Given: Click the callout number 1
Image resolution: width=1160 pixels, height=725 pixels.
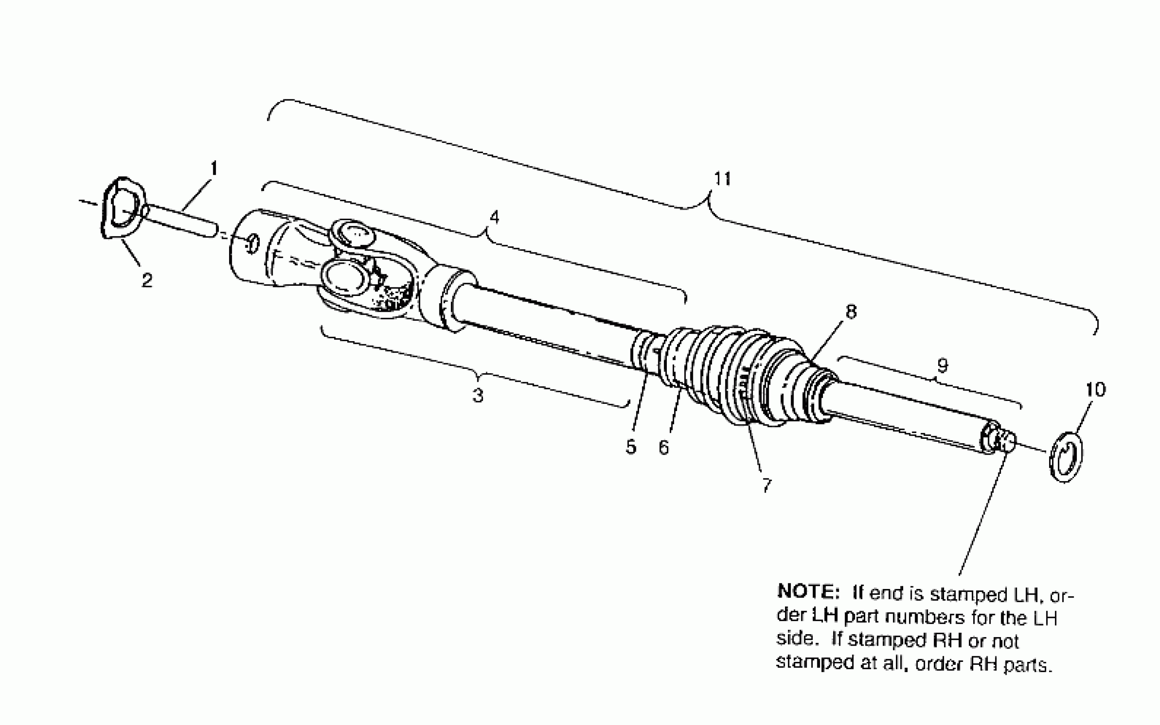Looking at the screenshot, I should (x=214, y=169).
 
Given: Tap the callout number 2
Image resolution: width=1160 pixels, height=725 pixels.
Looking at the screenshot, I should (x=147, y=280).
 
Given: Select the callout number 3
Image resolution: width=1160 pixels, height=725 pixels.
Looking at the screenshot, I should (x=478, y=396).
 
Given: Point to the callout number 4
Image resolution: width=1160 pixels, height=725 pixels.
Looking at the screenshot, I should (x=494, y=217).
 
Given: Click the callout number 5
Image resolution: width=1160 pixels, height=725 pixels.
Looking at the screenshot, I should (x=631, y=447).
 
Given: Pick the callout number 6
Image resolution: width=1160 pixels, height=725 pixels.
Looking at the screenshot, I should (x=663, y=447).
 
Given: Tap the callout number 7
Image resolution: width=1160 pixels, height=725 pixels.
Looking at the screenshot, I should (x=766, y=485).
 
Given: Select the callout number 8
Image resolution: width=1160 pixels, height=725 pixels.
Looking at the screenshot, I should (x=851, y=312).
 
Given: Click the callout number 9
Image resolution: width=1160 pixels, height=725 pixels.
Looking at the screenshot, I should (x=942, y=366).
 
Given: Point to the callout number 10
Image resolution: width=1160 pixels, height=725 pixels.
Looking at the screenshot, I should (x=1095, y=389).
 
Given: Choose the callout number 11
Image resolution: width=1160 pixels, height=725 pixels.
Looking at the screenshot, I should (x=723, y=179).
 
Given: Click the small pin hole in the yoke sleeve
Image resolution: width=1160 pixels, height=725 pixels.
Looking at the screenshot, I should (x=253, y=244).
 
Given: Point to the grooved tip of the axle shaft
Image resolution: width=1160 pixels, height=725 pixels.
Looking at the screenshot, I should (x=1006, y=441).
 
